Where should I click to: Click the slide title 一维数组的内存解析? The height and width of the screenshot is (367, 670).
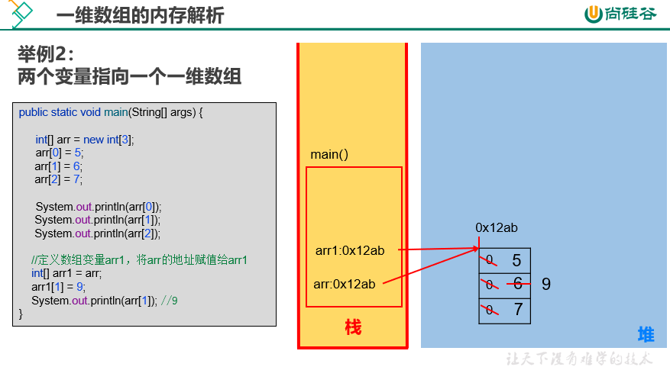pos(140,15)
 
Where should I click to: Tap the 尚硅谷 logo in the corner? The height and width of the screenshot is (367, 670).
pos(620,14)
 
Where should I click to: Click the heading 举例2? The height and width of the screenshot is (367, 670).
pos(46,55)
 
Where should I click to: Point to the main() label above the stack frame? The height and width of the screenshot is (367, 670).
pos(329,154)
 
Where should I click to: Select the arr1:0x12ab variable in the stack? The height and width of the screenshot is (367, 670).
pos(350,250)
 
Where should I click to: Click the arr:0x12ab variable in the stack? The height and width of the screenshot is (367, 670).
pos(345,284)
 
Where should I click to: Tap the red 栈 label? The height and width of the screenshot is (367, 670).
pos(353,327)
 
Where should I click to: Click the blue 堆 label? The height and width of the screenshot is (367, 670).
pos(646,334)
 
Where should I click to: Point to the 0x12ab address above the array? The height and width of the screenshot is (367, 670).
pos(497,228)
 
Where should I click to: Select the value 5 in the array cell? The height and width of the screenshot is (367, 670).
pos(516,260)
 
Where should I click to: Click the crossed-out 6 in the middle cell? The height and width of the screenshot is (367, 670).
pos(518,284)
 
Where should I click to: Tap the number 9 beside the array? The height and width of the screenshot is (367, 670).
pos(546,284)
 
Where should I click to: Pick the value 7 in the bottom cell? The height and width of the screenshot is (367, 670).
pos(518,309)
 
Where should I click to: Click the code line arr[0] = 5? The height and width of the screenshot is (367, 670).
pos(60,153)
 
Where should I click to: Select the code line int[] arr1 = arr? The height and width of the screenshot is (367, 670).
pos(66,273)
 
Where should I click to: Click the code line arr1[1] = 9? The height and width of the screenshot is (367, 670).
pos(58,287)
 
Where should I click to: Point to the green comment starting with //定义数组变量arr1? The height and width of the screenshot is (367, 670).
pos(139,260)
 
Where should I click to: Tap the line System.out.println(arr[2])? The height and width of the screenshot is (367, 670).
pos(98,233)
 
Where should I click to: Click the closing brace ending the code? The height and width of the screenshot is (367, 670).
pos(21,314)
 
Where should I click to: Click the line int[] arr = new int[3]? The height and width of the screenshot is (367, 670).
pos(85,140)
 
